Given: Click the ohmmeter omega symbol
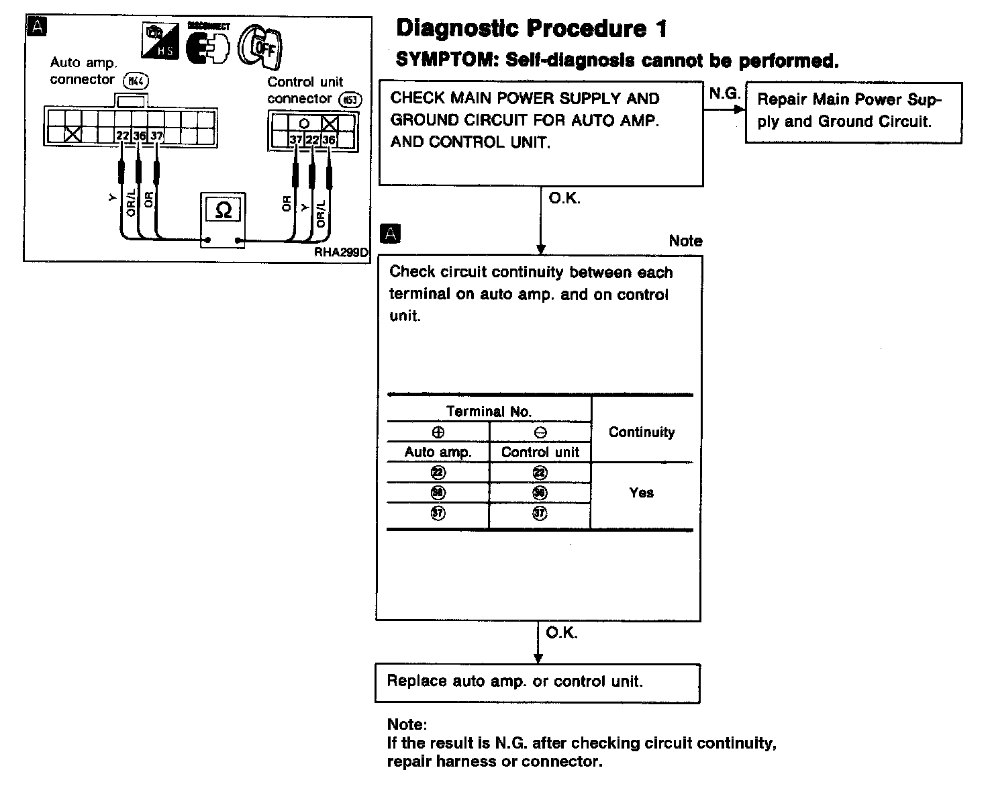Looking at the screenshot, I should click(x=223, y=211).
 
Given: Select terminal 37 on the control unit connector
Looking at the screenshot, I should click(x=296, y=140).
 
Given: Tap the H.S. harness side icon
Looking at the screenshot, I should click(x=160, y=42).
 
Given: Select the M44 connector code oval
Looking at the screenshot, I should click(x=136, y=81).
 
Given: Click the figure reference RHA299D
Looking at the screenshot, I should click(x=341, y=253).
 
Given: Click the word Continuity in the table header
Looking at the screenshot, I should click(x=642, y=432).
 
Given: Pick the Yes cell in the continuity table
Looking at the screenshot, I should click(x=642, y=493).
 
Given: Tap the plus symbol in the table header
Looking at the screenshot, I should click(x=438, y=433).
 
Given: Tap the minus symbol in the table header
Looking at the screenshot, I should click(x=540, y=433).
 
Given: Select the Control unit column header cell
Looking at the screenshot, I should click(x=540, y=452).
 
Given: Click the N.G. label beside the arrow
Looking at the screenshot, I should click(x=724, y=94).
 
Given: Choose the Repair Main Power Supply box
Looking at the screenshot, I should click(x=853, y=111).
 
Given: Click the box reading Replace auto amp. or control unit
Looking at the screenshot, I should click(x=537, y=682).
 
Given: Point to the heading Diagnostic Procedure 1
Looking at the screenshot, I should click(x=532, y=28).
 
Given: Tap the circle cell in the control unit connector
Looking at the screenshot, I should click(x=304, y=124).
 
